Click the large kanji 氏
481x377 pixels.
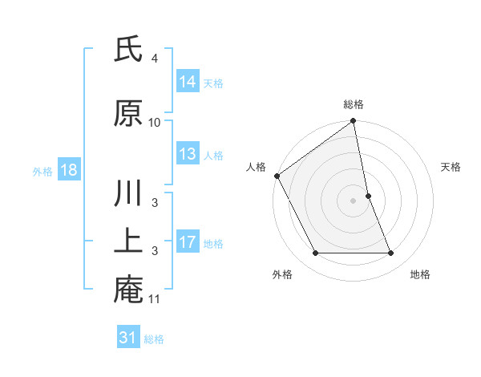click(x=128, y=52)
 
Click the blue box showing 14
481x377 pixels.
click(x=188, y=81)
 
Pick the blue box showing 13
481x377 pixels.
click(x=188, y=154)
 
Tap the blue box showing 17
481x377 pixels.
click(x=188, y=242)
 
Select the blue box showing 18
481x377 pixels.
click(x=67, y=170)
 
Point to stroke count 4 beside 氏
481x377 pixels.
click(x=154, y=59)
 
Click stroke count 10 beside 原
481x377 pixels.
click(x=155, y=122)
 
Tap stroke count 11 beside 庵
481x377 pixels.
click(x=155, y=299)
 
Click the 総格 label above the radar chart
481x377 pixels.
click(x=354, y=104)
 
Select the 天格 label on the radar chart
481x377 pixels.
click(x=451, y=167)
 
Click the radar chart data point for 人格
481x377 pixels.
click(x=277, y=176)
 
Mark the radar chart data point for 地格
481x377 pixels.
click(x=391, y=253)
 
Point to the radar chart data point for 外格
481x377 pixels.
click(x=315, y=253)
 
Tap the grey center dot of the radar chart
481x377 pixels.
click(x=354, y=201)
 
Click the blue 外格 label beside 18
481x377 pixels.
click(x=42, y=171)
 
